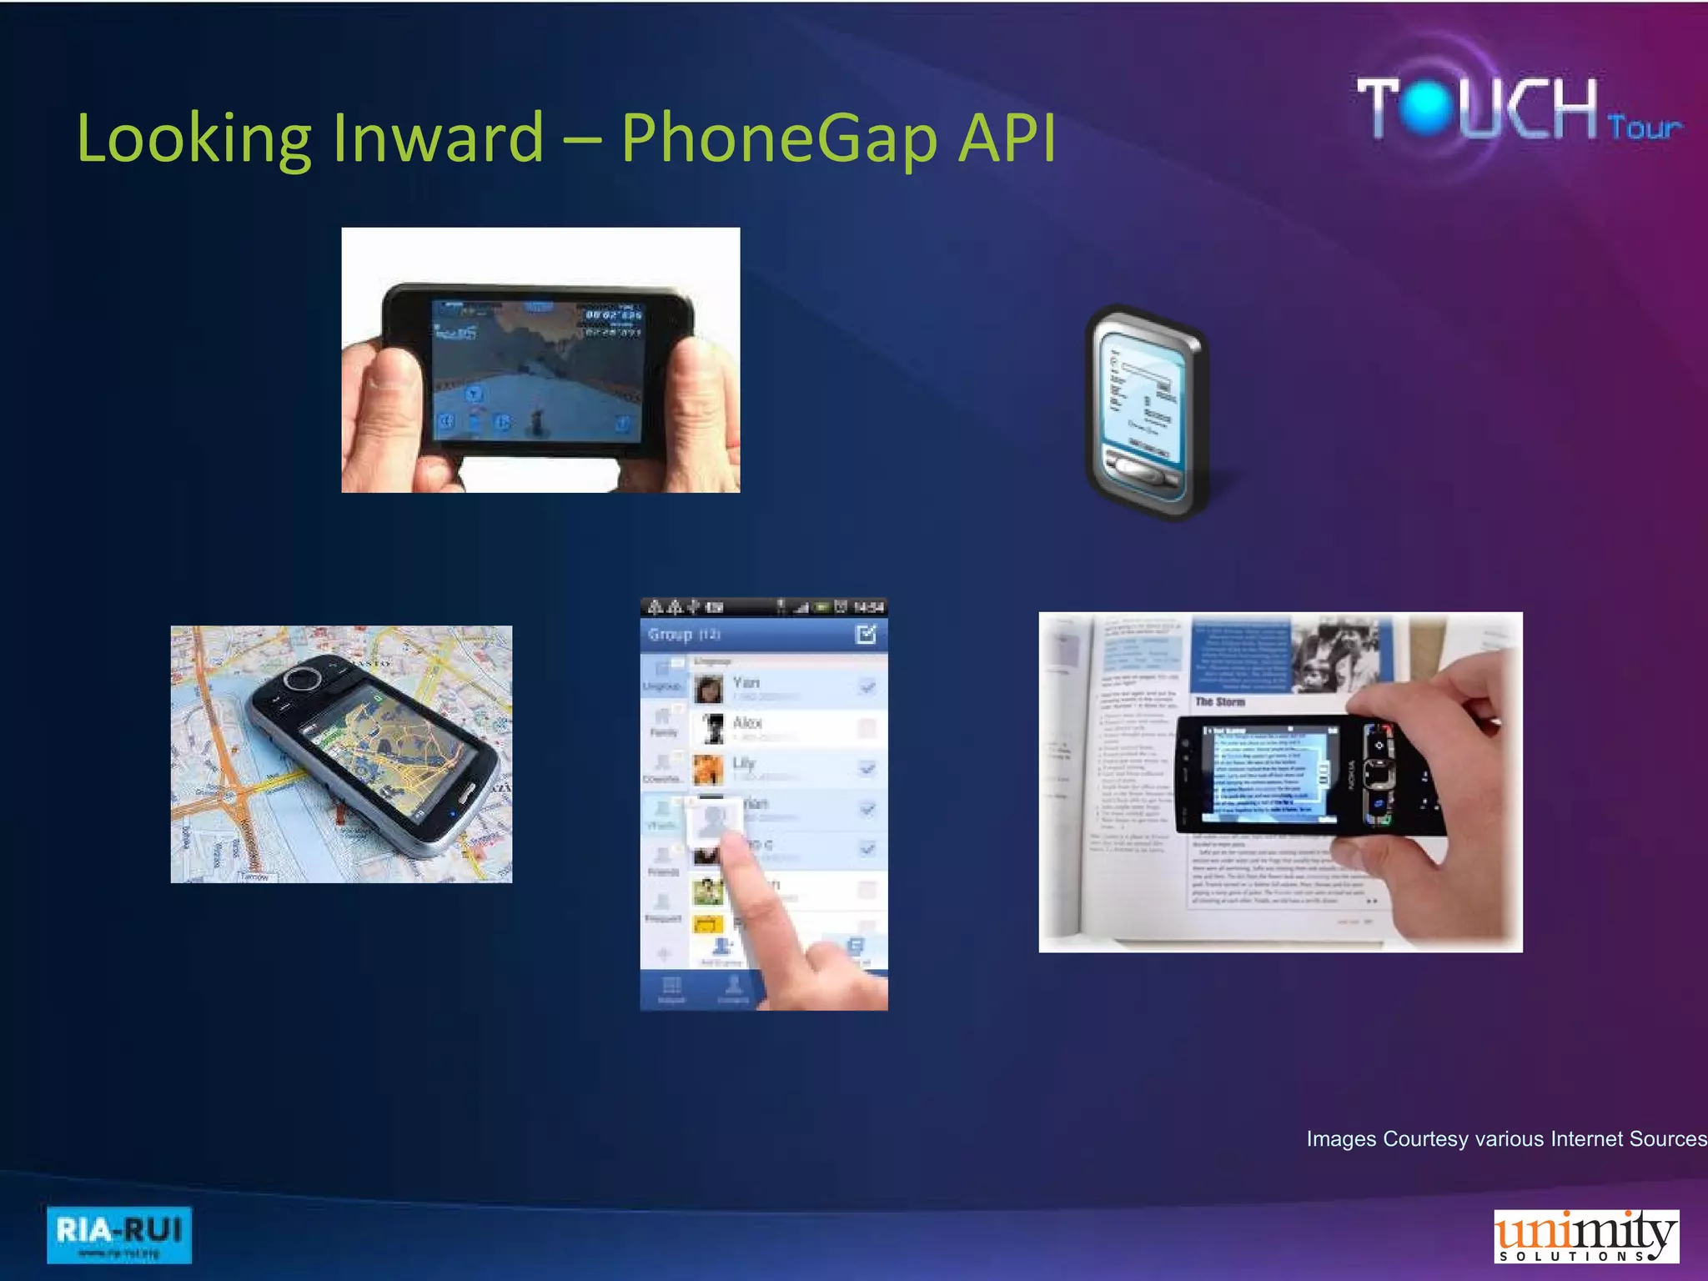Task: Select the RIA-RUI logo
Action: (118, 1234)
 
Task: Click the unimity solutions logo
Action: (1585, 1236)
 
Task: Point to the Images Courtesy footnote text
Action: (1505, 1138)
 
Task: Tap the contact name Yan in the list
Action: (746, 682)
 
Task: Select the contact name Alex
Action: (747, 722)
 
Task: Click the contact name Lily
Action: (743, 762)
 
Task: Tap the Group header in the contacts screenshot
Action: (671, 635)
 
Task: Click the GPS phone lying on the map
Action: (375, 755)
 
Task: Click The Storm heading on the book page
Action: (1219, 702)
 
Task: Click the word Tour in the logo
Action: (1644, 128)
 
